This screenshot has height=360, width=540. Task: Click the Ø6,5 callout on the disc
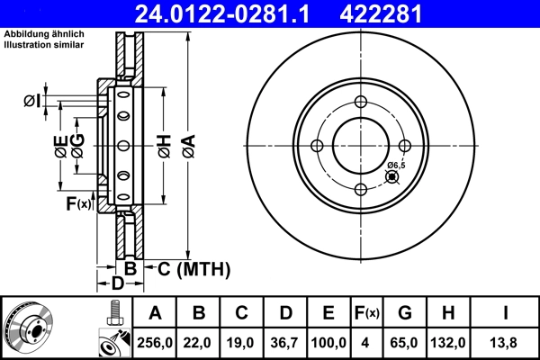pos(396,166)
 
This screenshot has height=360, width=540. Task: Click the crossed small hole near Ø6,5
pos(391,177)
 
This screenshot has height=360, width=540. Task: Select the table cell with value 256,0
pos(155,342)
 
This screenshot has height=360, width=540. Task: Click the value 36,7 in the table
pos(285,342)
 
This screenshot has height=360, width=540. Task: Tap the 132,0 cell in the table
pos(449,342)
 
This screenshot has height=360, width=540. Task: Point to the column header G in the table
pos(405,313)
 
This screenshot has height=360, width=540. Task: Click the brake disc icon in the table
pos(29,328)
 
